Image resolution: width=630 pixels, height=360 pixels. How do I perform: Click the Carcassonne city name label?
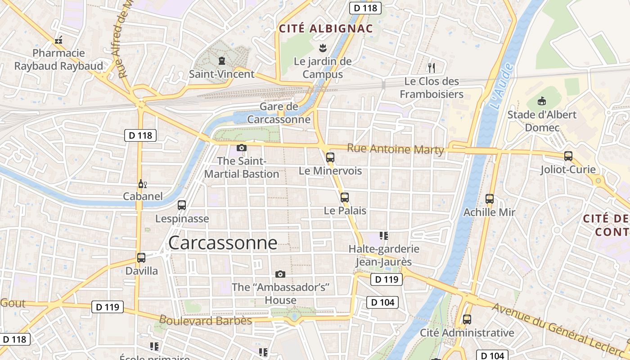pyautogui.click(x=223, y=243)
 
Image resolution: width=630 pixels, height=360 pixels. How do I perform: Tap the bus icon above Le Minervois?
pyautogui.click(x=330, y=157)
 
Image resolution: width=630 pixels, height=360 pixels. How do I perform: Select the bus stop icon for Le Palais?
pyautogui.click(x=345, y=197)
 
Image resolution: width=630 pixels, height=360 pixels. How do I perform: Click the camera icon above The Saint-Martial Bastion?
pyautogui.click(x=242, y=148)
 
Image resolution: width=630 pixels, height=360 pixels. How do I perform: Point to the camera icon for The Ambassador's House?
pyautogui.click(x=280, y=274)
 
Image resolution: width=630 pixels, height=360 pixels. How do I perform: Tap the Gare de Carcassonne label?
pyautogui.click(x=279, y=113)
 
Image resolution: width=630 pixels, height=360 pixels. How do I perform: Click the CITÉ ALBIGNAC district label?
pyautogui.click(x=326, y=29)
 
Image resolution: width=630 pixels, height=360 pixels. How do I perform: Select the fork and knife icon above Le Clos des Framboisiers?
pyautogui.click(x=432, y=68)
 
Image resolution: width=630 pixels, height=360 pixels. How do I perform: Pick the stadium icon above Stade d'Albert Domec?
pyautogui.click(x=542, y=101)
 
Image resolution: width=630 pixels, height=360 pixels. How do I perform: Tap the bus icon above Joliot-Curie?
pyautogui.click(x=568, y=156)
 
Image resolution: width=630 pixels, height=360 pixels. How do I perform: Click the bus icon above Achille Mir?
pyautogui.click(x=490, y=198)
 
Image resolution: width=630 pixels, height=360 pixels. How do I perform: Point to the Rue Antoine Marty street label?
pyautogui.click(x=396, y=149)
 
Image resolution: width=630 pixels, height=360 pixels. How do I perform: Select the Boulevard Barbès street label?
pyautogui.click(x=205, y=320)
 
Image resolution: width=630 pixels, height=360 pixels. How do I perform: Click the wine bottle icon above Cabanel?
pyautogui.click(x=142, y=184)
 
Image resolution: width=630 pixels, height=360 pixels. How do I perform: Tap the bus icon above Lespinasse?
pyautogui.click(x=182, y=205)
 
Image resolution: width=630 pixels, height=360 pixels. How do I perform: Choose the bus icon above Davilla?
pyautogui.click(x=141, y=258)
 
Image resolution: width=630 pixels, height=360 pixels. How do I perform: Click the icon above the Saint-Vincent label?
pyautogui.click(x=221, y=60)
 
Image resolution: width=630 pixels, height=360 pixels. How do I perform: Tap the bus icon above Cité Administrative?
pyautogui.click(x=467, y=319)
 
